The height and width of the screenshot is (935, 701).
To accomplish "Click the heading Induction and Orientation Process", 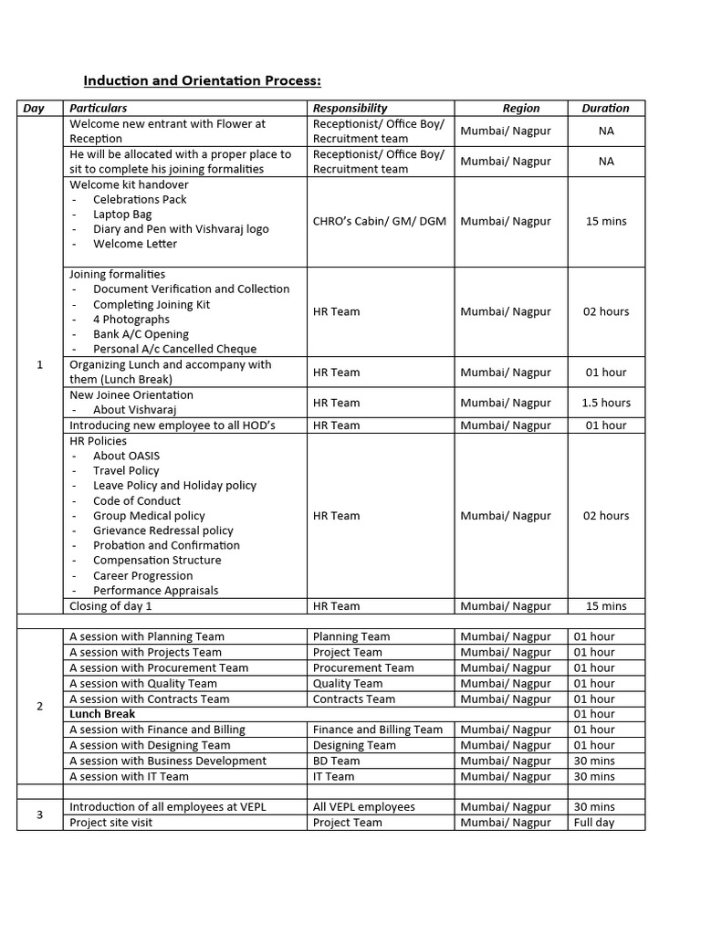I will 203,81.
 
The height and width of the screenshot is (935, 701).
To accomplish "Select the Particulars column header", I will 99,108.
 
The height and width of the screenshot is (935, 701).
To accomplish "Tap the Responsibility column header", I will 350,108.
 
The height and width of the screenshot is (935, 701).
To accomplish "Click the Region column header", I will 521,108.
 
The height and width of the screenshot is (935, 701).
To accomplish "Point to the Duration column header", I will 606,108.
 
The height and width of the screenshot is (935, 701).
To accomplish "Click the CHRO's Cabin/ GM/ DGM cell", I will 380,221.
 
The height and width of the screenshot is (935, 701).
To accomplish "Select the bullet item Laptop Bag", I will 122,214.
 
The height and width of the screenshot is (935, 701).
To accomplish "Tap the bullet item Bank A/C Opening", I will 141,334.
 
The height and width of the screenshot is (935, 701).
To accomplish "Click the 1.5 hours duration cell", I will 606,403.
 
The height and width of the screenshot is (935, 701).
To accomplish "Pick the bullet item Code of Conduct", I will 137,500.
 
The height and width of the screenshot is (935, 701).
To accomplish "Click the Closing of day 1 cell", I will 111,605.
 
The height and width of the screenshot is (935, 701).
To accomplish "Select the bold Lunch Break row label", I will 102,714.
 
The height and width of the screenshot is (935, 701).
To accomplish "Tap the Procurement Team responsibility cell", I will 363,667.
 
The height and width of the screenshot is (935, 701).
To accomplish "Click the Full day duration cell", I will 593,823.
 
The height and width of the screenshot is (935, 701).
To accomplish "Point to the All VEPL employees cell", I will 363,807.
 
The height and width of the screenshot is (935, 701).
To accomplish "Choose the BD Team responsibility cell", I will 336,761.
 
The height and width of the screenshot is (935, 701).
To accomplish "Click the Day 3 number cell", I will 39,814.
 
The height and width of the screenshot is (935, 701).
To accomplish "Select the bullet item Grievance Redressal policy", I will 162,531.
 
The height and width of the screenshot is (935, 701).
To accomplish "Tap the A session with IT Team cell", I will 129,776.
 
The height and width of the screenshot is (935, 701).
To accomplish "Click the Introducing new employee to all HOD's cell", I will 173,425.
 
